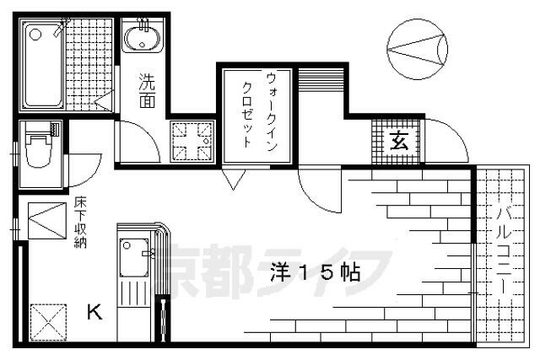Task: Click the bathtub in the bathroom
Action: (x=44, y=66)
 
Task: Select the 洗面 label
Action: (x=147, y=91)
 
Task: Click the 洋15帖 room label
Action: (x=316, y=271)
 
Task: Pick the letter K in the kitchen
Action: (x=94, y=314)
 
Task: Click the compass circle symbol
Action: (x=418, y=50)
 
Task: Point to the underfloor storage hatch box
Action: (x=44, y=223)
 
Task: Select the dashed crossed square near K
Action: (x=44, y=320)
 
